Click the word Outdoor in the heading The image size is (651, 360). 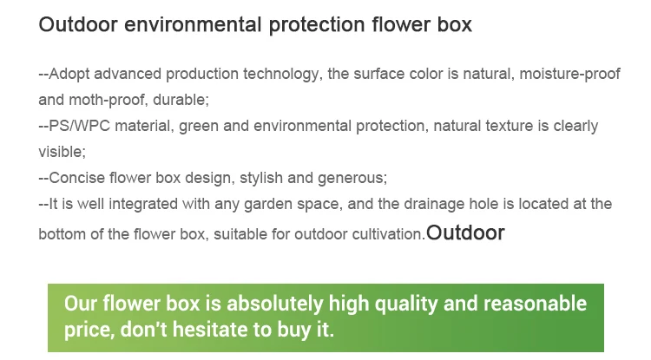[x=78, y=24]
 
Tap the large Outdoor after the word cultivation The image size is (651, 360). [x=465, y=232]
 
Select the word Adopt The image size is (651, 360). [x=69, y=75]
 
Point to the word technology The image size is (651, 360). [x=282, y=75]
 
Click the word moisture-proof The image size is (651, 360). [x=569, y=75]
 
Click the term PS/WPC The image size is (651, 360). [x=79, y=126]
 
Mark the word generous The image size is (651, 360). [x=352, y=179]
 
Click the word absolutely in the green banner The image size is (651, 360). [x=275, y=304]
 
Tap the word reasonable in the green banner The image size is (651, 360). [x=535, y=304]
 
